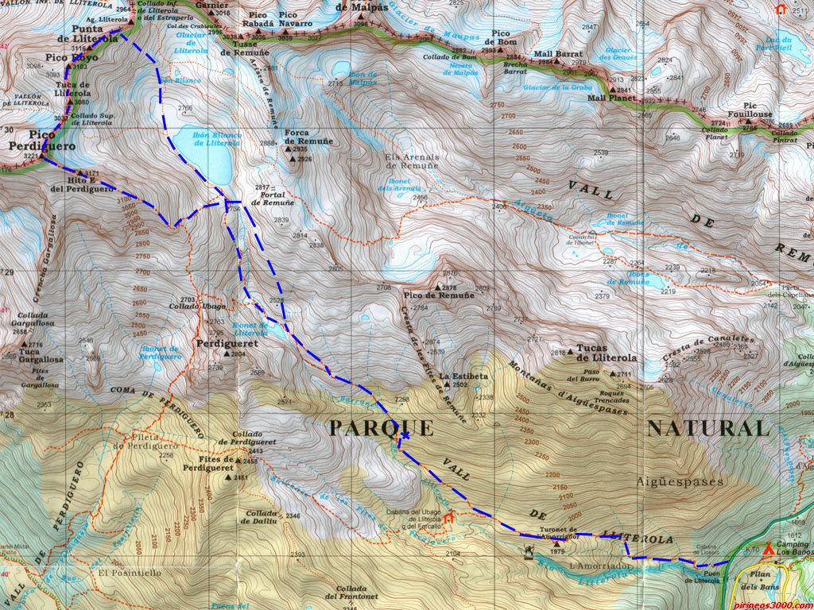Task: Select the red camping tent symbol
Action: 769,548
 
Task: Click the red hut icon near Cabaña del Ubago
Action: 448,519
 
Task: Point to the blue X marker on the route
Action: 405,435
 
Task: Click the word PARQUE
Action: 382,429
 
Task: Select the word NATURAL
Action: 708,429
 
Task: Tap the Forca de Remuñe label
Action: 308,136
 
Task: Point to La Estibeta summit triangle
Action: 447,385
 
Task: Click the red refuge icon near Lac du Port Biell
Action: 781,9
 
